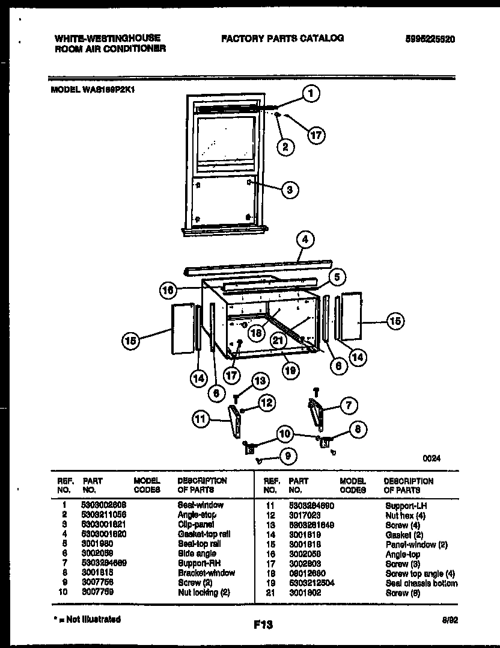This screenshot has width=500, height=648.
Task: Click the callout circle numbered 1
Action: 310,93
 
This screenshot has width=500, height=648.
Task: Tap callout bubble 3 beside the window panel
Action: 289,190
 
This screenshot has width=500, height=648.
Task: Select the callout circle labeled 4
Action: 305,239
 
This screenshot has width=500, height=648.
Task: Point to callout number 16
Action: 168,290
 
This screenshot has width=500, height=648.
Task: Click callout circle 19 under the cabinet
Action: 290,371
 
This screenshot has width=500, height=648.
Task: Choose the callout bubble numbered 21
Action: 278,341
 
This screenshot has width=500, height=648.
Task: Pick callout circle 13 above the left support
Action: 260,380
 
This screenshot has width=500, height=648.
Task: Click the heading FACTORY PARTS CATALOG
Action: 282,39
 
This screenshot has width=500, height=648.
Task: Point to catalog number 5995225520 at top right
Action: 430,39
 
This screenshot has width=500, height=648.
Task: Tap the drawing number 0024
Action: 431,458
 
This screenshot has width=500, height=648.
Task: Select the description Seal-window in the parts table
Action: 200,505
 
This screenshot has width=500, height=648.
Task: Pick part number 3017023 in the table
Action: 303,515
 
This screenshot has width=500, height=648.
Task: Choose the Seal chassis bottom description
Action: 421,583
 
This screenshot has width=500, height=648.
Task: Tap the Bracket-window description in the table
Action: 206,573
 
